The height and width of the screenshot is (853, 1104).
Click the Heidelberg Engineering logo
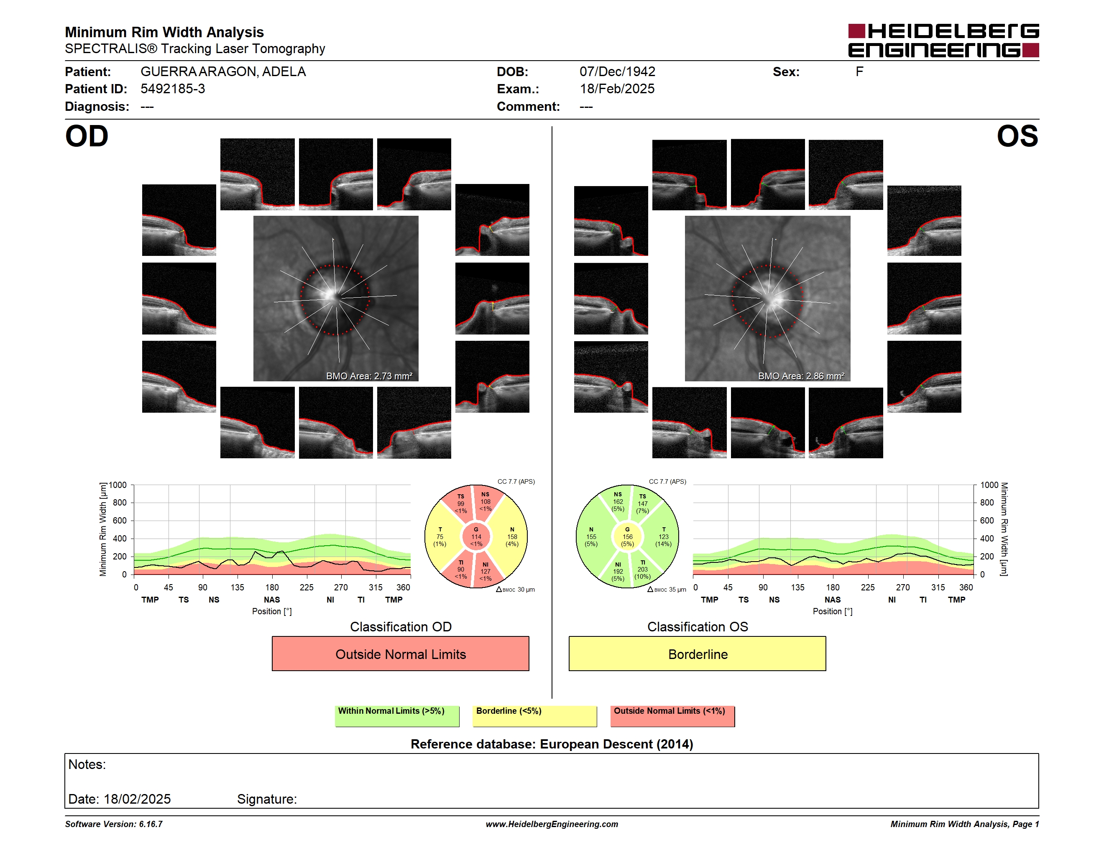click(943, 41)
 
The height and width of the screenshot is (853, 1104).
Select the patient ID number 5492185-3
click(173, 89)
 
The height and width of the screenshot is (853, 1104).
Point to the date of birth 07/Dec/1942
click(617, 72)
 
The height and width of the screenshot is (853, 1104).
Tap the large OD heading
click(87, 136)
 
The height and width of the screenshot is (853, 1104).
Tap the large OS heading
click(1017, 136)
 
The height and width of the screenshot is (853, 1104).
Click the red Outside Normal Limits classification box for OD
click(400, 654)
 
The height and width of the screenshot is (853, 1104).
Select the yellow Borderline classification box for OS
click(698, 654)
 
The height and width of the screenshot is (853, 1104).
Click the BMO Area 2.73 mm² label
click(369, 376)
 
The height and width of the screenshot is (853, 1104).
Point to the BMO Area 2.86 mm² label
click(801, 376)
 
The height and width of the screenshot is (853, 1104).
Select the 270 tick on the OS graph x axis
click(903, 587)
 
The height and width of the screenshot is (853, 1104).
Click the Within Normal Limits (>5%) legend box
click(397, 716)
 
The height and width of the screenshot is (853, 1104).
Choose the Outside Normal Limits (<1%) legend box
click(672, 716)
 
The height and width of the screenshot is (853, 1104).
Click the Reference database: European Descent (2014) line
click(552, 744)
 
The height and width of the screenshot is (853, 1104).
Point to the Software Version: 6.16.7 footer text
click(114, 824)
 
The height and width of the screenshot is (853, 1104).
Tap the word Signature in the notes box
click(267, 799)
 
